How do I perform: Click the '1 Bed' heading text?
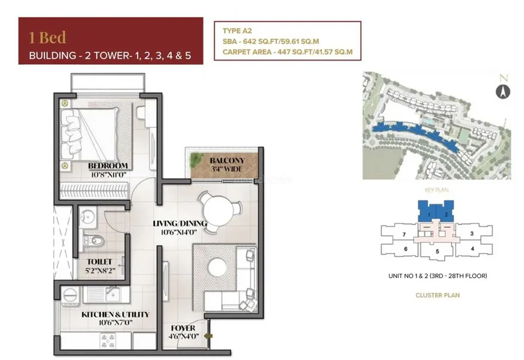click(x=47, y=37)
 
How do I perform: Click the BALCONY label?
click(x=227, y=161)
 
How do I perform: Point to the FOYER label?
click(x=182, y=328)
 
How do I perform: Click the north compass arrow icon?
click(x=502, y=91)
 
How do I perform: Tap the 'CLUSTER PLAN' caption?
click(x=437, y=295)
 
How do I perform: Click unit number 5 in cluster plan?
click(x=438, y=251)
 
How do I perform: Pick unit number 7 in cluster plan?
click(x=405, y=233)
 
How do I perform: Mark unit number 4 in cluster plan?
click(x=472, y=248)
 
